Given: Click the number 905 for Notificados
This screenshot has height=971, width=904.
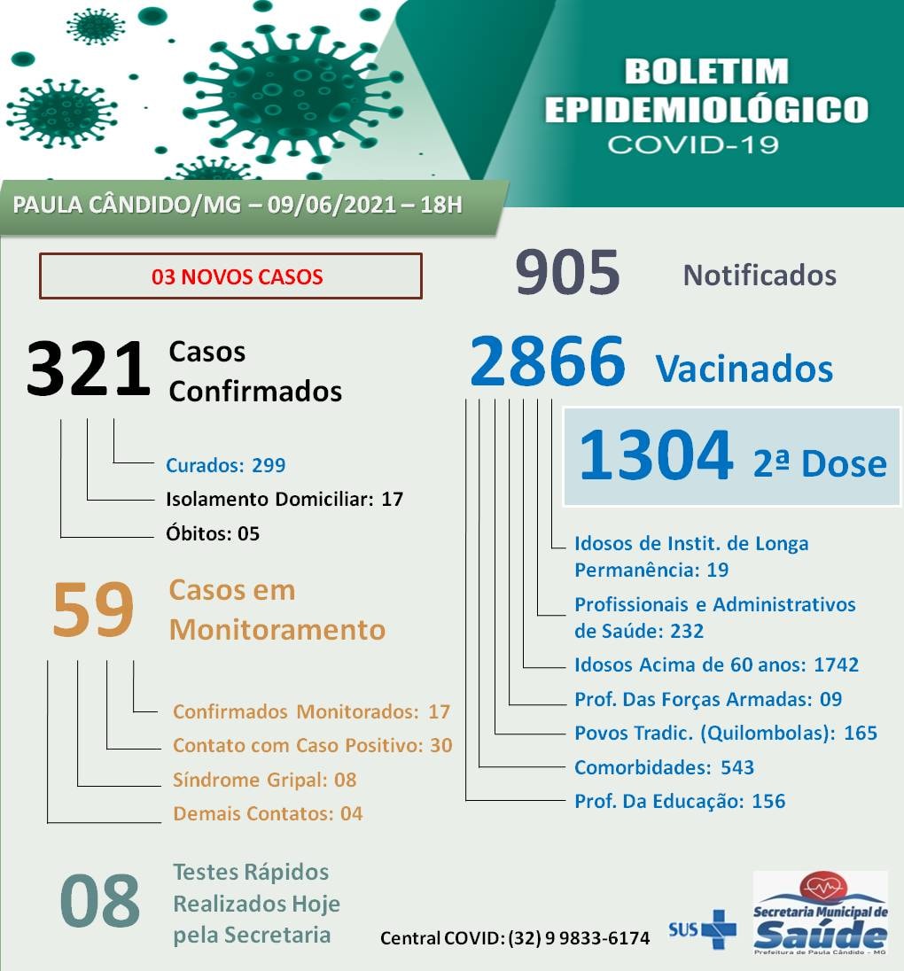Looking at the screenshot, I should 567,274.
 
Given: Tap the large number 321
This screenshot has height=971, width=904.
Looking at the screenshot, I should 89,369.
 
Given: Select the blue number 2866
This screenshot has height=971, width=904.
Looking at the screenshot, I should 548,362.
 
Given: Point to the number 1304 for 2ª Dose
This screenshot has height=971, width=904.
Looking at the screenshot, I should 656,456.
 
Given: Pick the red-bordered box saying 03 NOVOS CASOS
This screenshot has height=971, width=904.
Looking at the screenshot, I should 230,276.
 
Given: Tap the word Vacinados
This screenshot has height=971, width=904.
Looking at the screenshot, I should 744,369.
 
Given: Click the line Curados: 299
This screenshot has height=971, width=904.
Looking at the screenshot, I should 225,465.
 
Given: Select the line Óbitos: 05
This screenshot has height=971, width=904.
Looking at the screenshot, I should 213,533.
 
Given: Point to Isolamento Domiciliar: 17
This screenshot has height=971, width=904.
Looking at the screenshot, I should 284,499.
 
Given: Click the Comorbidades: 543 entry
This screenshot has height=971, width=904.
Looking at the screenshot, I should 664,767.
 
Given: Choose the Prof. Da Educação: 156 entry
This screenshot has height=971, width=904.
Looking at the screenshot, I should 680,801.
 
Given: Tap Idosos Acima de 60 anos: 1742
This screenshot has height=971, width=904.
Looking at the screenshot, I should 716,664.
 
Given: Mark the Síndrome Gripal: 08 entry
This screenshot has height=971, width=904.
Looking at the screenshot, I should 264,780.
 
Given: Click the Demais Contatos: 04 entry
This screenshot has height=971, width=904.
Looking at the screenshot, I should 268,813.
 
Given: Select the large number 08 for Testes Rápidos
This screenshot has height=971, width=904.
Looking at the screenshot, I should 99,901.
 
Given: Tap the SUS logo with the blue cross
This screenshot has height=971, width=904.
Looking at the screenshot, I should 703,929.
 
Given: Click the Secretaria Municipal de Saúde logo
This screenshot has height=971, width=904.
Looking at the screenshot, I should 820,913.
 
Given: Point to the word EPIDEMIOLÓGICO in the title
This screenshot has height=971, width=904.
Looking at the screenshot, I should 706,110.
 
